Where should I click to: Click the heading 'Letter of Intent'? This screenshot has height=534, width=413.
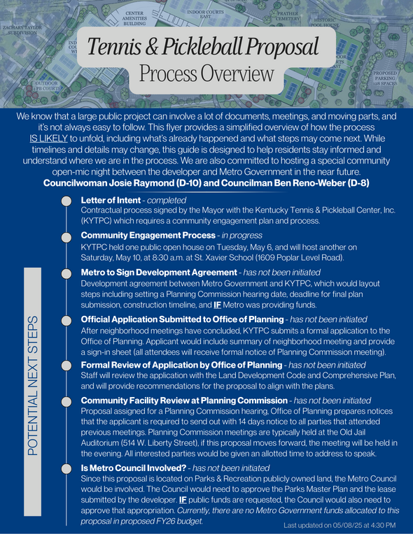111,200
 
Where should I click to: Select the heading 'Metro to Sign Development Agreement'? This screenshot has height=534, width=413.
159,272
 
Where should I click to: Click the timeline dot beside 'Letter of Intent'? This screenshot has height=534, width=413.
66,201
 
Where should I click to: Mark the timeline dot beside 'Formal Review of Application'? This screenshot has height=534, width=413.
66,366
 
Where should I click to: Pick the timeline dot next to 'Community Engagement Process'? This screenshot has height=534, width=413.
66,236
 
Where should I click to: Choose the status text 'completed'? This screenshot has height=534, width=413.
167,200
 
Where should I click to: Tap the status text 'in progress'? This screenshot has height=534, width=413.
242,236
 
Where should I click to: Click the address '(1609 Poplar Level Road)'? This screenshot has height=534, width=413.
302,258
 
